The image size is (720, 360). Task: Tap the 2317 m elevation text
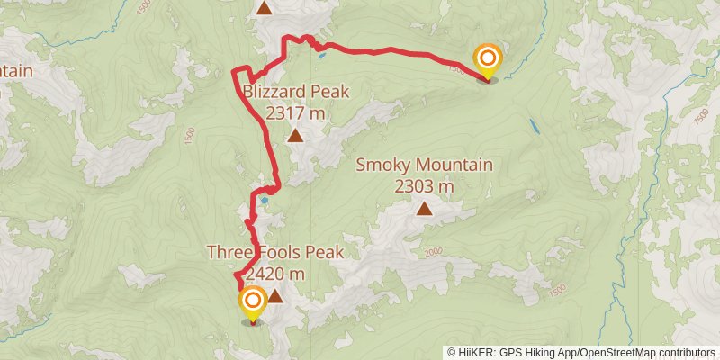(x=295, y=113)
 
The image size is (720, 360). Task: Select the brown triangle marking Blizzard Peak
(x=295, y=137)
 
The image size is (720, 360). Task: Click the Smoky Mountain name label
(x=424, y=165)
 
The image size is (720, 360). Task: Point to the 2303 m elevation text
(x=424, y=186)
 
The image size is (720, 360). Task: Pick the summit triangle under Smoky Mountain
(x=424, y=209)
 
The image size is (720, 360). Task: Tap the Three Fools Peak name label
(x=274, y=253)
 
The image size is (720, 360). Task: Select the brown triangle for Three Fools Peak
(x=274, y=296)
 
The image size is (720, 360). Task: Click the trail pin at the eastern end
(x=488, y=61)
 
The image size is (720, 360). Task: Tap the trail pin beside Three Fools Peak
(x=252, y=302)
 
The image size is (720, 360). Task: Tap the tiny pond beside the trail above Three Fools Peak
(x=265, y=201)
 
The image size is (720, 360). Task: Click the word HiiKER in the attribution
(x=475, y=353)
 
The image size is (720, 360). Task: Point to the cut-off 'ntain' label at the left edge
(x=16, y=71)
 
